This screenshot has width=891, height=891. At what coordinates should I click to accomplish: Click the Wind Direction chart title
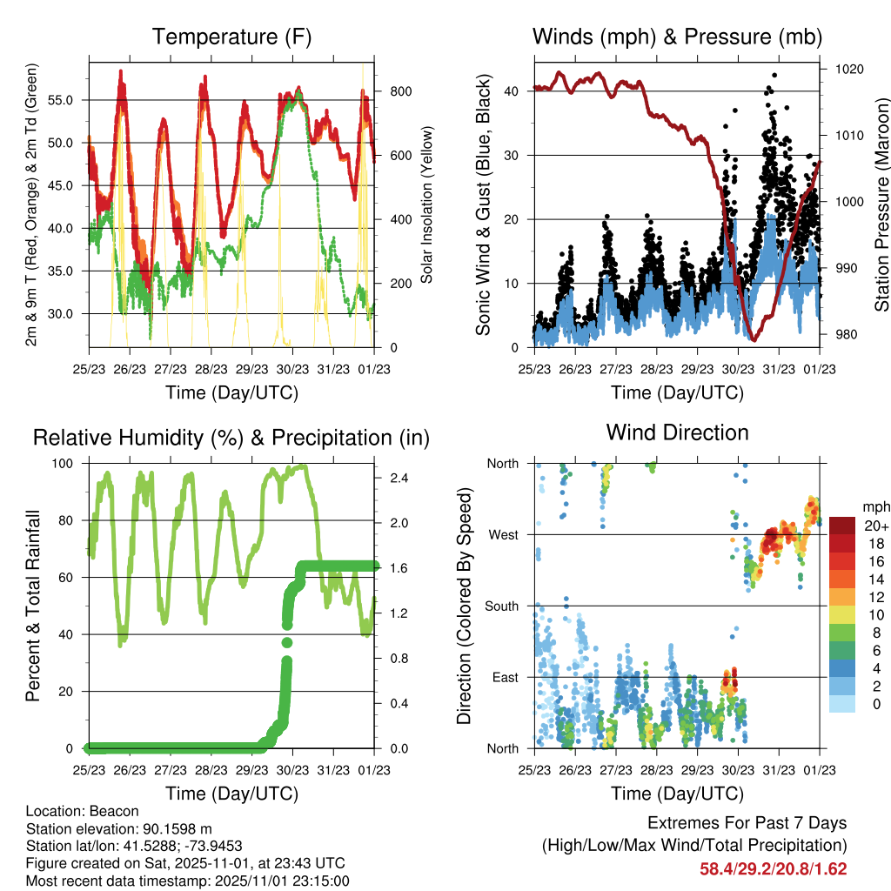(x=677, y=432)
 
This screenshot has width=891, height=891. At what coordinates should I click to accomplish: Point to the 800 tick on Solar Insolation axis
(x=390, y=91)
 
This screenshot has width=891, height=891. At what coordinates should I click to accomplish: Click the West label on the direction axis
(x=503, y=534)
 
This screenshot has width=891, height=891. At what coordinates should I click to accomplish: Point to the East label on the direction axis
(x=504, y=677)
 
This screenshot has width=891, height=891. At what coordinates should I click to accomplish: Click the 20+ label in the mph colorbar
(x=875, y=526)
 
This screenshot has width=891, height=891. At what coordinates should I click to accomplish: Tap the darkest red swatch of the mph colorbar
(x=842, y=526)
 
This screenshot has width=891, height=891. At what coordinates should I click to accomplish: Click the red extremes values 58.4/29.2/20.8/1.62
(x=773, y=868)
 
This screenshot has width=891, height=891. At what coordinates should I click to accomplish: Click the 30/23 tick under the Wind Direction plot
(x=739, y=769)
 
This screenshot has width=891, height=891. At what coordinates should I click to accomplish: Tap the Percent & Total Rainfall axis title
(x=34, y=606)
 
